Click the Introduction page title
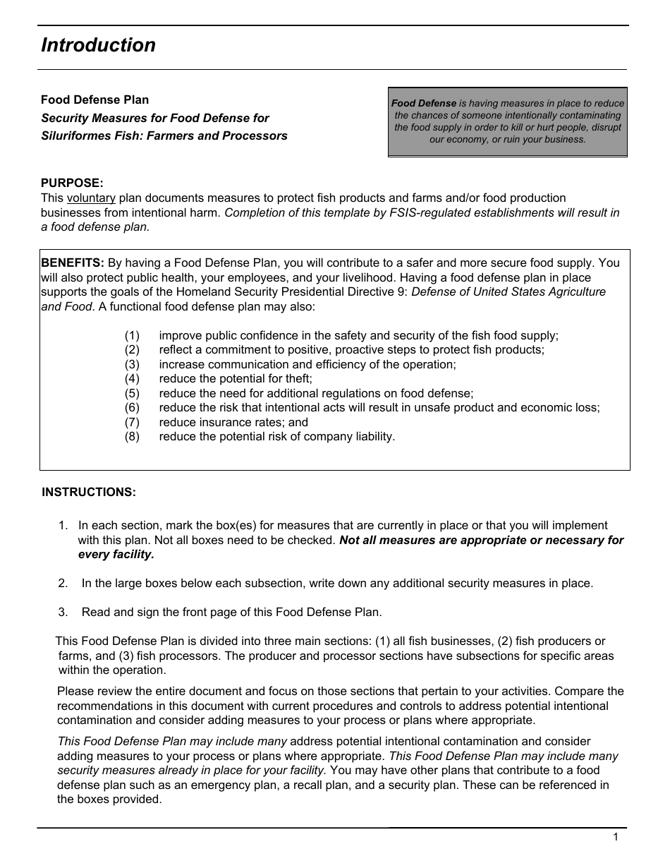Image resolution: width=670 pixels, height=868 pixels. pyautogui.click(x=98, y=45)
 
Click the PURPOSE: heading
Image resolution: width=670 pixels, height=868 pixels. pyautogui.click(x=72, y=183)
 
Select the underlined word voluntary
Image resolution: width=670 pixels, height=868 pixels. pyautogui.click(x=91, y=198)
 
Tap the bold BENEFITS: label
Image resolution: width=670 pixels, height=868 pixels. pyautogui.click(x=73, y=263)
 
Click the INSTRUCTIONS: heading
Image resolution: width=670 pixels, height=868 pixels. pyautogui.click(x=89, y=492)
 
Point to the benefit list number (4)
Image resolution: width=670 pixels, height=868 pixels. pyautogui.click(x=133, y=379)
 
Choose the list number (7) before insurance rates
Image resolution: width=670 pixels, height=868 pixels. pyautogui.click(x=133, y=422)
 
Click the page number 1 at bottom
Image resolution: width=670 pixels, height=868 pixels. pyautogui.click(x=616, y=837)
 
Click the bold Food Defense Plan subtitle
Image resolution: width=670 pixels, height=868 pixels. pyautogui.click(x=95, y=100)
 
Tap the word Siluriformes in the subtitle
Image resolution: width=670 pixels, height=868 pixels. pyautogui.click(x=74, y=135)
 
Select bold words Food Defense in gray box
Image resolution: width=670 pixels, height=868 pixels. pyautogui.click(x=424, y=103)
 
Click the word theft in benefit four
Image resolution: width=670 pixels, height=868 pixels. pyautogui.click(x=296, y=379)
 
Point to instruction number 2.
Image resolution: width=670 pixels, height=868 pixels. pyautogui.click(x=63, y=583)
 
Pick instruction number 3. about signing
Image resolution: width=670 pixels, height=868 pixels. pyautogui.click(x=63, y=612)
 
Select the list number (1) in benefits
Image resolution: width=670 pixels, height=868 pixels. pyautogui.click(x=133, y=336)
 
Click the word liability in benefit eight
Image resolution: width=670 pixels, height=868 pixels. pyautogui.click(x=372, y=436)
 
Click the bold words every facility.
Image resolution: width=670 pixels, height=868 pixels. pyautogui.click(x=116, y=554)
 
